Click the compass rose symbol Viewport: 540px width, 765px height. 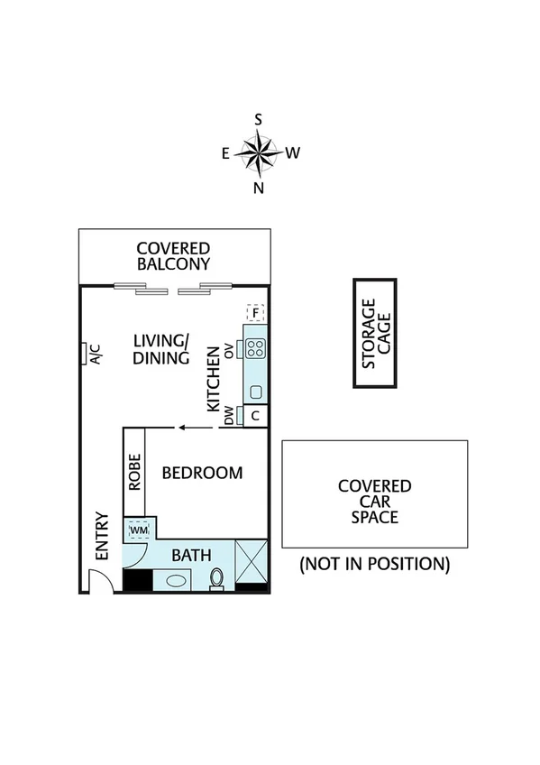coord(260,152)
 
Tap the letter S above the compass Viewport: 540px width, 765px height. coord(259,120)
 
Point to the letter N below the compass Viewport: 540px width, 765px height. coord(259,188)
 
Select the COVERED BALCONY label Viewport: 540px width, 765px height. coord(173,256)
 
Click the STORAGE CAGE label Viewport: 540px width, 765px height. coord(374,334)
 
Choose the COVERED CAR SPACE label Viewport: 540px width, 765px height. coord(374,502)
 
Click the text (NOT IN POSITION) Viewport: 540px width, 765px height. coord(374,565)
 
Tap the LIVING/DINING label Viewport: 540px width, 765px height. coord(161,349)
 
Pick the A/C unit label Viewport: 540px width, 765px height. coord(95,355)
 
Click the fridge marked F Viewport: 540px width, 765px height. coord(256,314)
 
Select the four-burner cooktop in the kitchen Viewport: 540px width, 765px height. coord(256,347)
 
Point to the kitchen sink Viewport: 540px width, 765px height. coord(256,392)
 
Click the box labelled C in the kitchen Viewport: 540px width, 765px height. coord(256,416)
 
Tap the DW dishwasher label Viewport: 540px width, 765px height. coord(229,416)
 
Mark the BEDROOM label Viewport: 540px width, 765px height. coord(202,473)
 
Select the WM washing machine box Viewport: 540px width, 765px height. coord(137,530)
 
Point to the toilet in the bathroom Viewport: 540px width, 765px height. coord(216,577)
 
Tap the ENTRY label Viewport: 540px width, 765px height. coord(101,537)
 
